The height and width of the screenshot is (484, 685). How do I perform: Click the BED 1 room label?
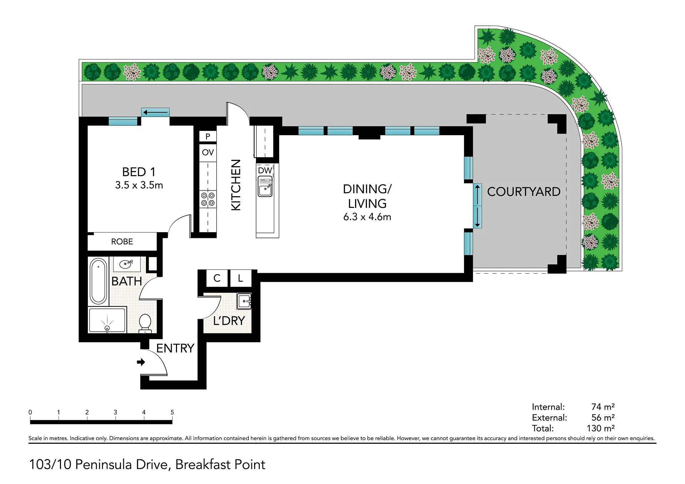pyautogui.click(x=139, y=172)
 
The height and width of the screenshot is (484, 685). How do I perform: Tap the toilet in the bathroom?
pyautogui.click(x=145, y=323)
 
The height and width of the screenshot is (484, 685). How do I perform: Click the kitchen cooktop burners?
pyautogui.click(x=208, y=199)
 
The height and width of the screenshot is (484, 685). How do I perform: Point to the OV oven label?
pyautogui.click(x=208, y=153)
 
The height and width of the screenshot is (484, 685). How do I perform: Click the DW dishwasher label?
pyautogui.click(x=265, y=170)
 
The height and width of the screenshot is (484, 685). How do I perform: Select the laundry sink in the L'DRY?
pyautogui.click(x=245, y=301)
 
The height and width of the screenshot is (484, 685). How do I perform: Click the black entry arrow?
pyautogui.click(x=141, y=362)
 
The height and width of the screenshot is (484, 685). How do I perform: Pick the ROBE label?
pyautogui.click(x=122, y=241)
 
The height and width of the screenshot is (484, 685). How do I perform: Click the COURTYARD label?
pyautogui.click(x=524, y=192)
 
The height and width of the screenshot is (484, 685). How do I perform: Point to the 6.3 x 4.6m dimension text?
pyautogui.click(x=367, y=217)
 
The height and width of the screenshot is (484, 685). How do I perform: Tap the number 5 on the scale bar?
pyautogui.click(x=172, y=412)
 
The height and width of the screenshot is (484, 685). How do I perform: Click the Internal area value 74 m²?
pyautogui.click(x=603, y=407)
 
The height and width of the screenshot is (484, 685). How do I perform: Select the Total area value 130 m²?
pyautogui.click(x=601, y=428)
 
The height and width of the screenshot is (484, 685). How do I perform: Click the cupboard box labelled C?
pyautogui.click(x=217, y=278)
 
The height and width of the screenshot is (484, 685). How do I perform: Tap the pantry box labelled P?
pyautogui.click(x=208, y=136)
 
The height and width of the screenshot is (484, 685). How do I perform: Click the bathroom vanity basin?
pyautogui.click(x=126, y=264)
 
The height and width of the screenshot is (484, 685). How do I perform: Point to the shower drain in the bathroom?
pyautogui.click(x=107, y=328)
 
